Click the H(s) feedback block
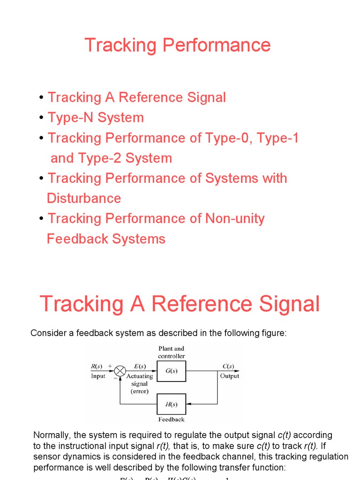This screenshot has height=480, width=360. coord(171,404)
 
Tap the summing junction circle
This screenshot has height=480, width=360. coord(120,371)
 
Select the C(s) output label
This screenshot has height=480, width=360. coord(229,367)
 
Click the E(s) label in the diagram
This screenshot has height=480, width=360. coord(139,367)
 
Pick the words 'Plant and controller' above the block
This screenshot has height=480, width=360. coord(172,352)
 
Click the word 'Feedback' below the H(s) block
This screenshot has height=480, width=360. coord(171,420)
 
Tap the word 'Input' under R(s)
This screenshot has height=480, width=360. coord(98,376)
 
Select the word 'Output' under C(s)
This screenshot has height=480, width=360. coord(229,376)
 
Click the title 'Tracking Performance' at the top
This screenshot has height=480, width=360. coord(178,45)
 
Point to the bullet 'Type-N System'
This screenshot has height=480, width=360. coord(96,118)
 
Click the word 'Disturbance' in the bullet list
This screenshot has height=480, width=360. coord(84,198)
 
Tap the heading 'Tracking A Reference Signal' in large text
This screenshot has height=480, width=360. coord(180,304)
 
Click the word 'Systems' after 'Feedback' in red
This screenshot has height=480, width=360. coord(139,239)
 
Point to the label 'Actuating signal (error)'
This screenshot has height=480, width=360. coord(140,383)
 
